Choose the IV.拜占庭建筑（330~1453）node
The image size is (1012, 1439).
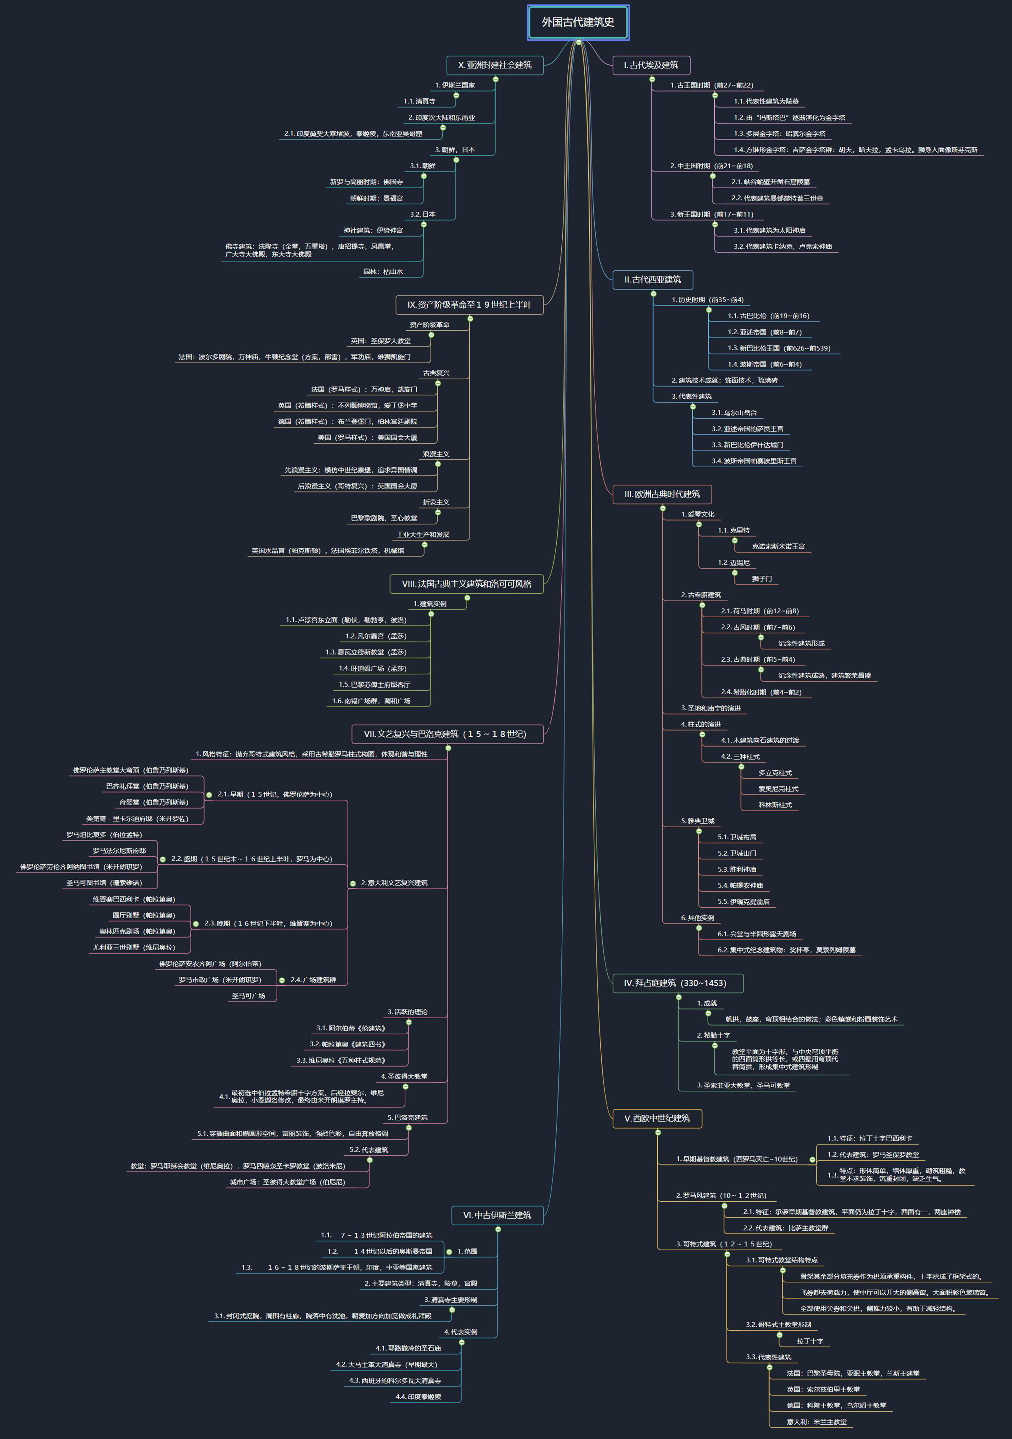678,983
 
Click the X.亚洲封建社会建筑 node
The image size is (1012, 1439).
495,65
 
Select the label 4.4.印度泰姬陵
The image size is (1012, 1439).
418,1396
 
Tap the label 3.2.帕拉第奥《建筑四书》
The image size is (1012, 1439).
347,1044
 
